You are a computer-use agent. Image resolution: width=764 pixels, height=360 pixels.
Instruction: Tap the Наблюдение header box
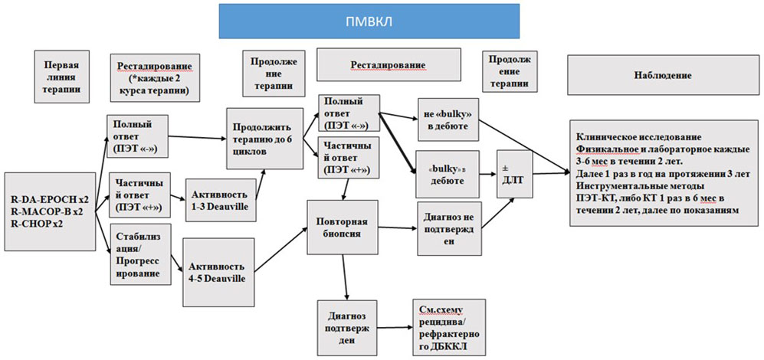pos(663,75)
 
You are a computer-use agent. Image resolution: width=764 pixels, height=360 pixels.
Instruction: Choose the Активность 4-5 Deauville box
pos(216,266)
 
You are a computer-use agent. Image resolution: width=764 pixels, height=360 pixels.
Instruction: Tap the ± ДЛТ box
pos(513,173)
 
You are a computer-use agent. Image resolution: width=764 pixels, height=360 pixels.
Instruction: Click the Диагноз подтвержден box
pos(345,329)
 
